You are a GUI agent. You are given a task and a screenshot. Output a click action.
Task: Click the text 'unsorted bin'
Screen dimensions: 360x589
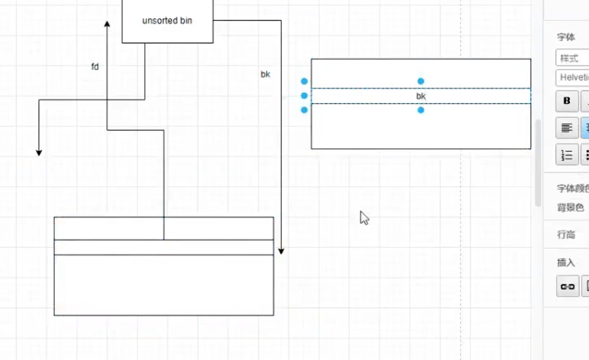point(167,21)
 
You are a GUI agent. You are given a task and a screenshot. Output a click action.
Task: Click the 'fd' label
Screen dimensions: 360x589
point(95,67)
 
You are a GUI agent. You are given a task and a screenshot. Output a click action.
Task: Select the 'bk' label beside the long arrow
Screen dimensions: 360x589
point(266,74)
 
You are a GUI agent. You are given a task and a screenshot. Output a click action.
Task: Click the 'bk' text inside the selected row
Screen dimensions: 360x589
point(421,96)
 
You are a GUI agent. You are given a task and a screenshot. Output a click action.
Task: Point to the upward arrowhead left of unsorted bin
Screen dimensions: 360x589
point(107,24)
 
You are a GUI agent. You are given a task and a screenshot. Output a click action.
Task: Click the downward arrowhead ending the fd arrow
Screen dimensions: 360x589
point(39,152)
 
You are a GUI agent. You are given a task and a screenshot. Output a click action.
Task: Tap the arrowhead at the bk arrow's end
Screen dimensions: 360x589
point(281,250)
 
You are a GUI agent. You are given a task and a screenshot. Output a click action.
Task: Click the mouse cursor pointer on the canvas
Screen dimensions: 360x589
point(364,217)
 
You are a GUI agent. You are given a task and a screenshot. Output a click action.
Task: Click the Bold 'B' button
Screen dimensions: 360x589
point(567,101)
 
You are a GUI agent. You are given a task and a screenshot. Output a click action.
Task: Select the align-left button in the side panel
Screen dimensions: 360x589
point(567,128)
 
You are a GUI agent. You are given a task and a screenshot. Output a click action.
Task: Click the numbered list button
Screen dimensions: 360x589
point(567,154)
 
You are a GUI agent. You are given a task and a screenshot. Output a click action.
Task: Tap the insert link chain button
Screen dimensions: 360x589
point(568,286)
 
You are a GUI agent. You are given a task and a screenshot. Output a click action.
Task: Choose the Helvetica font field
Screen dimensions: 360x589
point(573,77)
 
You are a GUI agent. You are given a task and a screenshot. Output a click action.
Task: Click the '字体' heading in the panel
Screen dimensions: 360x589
point(566,37)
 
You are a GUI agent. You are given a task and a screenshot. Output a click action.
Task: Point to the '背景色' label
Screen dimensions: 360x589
point(570,208)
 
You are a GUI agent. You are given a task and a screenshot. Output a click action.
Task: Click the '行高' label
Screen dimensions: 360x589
point(566,235)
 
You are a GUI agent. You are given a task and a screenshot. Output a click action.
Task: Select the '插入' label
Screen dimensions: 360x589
point(566,262)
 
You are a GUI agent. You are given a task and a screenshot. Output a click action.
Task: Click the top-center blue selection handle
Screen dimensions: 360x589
point(421,81)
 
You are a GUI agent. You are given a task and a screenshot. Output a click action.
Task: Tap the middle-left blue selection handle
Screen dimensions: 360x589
point(305,96)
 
